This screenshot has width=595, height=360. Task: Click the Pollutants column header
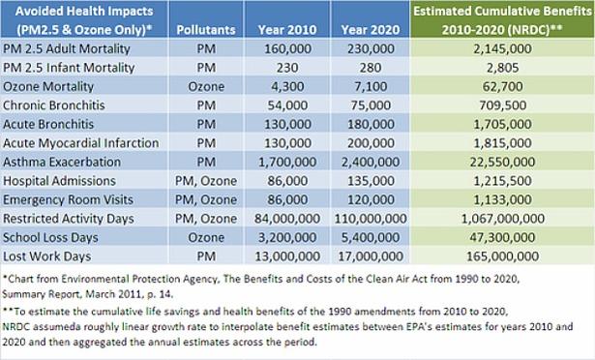[x=206, y=30]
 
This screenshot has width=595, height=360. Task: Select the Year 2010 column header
[x=287, y=30]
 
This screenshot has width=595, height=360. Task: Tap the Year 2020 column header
[x=371, y=30]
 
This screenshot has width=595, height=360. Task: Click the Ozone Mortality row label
[x=48, y=86]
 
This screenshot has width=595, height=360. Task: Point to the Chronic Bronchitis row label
[x=54, y=105]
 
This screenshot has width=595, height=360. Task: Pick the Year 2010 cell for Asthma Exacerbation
[x=287, y=162]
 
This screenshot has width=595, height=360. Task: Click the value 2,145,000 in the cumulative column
[x=502, y=48]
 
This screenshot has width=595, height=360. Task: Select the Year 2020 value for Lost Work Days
[x=371, y=256]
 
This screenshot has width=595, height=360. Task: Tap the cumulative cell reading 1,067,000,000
[x=502, y=219]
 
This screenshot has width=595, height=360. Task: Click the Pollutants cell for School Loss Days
[x=206, y=237]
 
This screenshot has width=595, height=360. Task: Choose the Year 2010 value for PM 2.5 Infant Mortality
[x=287, y=68]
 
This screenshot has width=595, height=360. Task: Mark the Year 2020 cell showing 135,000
[x=371, y=181]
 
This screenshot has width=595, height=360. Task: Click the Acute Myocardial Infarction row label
[x=81, y=143]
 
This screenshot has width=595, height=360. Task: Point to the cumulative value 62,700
[x=502, y=86]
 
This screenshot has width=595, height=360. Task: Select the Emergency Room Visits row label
[x=69, y=199]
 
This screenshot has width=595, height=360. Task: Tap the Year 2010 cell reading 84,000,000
[x=287, y=219]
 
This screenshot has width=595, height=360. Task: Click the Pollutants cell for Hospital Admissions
[x=206, y=181]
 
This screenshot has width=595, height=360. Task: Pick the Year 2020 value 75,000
[x=371, y=105]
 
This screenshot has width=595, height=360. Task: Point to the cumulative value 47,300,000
[x=502, y=237]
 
